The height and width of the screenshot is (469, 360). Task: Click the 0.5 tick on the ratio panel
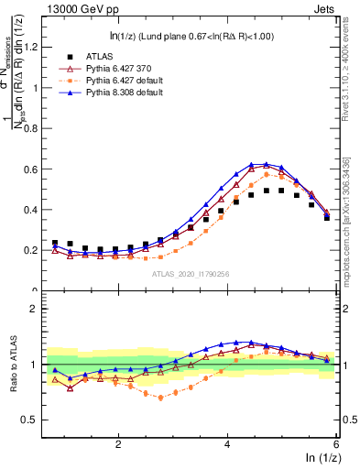33,420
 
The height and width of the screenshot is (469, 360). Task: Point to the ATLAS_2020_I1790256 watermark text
191,274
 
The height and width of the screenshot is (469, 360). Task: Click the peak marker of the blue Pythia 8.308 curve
266,164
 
